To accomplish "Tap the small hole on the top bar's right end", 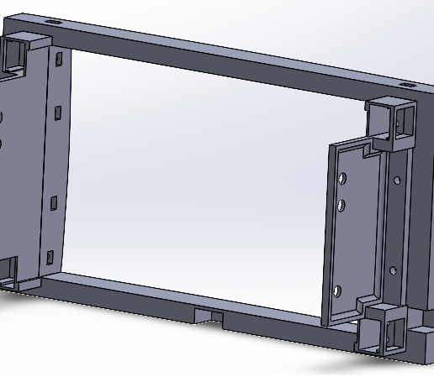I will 408,85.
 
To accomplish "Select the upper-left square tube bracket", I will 18,52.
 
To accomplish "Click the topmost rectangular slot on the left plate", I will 60,60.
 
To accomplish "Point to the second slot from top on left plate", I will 58,113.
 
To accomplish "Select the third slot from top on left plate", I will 54,202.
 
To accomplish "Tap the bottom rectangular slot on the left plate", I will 50,257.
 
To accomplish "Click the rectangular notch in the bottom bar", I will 209,315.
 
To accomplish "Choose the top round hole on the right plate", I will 342,178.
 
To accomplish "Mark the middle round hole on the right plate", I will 341,205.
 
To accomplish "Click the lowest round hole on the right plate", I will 337,291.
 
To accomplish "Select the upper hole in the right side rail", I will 397,180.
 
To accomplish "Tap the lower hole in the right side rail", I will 392,270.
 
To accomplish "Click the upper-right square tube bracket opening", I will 405,122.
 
